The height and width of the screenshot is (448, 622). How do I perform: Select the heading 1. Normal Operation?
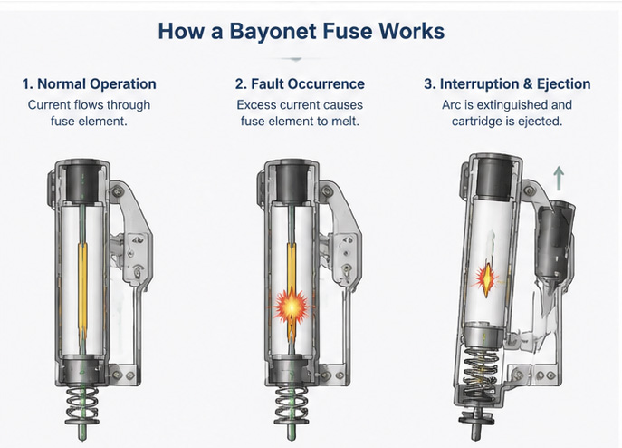click(89, 84)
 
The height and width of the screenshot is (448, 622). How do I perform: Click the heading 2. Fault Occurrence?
click(300, 83)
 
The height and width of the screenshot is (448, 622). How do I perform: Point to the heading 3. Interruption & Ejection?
click(507, 83)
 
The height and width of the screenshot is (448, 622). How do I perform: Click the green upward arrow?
click(559, 178)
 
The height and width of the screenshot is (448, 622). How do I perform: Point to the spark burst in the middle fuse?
click(292, 307)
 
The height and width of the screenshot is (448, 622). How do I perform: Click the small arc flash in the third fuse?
click(486, 278)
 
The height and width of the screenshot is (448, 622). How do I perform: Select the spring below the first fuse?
click(82, 405)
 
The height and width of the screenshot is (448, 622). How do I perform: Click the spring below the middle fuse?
click(292, 405)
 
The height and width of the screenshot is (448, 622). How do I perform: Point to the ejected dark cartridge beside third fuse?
click(554, 242)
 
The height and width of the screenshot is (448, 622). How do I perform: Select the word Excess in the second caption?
click(256, 105)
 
